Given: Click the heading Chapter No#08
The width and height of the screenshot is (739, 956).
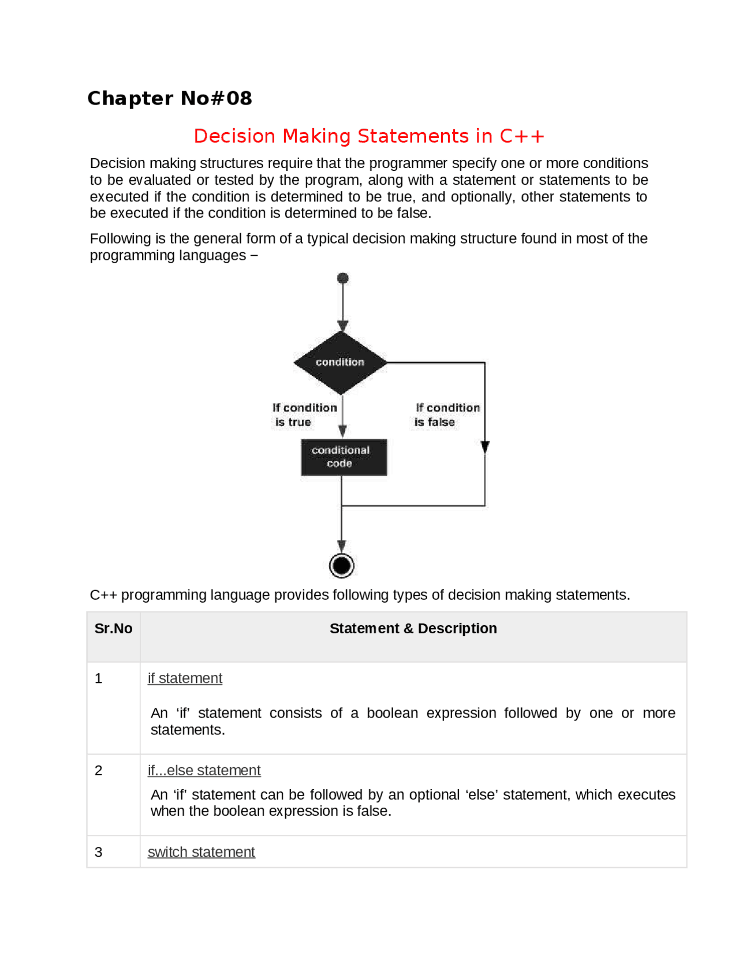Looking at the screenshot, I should click(169, 98).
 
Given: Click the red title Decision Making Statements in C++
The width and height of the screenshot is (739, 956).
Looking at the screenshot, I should click(368, 136).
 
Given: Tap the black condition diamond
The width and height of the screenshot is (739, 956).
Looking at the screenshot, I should click(341, 363).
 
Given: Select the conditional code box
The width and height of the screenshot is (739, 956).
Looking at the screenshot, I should click(344, 457).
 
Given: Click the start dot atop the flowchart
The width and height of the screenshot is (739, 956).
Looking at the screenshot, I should click(343, 278).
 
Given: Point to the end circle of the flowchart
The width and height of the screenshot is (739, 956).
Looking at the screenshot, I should click(342, 565).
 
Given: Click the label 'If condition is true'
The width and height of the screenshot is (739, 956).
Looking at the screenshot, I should click(304, 414).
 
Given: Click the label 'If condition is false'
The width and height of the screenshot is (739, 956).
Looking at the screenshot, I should click(447, 414).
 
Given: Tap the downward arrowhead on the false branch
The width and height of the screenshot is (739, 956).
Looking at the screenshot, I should click(485, 447).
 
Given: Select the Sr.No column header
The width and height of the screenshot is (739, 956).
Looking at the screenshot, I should click(113, 628).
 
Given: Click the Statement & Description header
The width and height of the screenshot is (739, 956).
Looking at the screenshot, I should click(413, 628).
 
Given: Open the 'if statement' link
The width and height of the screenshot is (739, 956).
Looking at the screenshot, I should click(185, 678).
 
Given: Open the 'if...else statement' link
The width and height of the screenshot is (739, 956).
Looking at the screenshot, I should click(204, 770).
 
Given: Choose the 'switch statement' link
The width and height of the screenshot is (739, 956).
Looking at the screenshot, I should click(201, 852).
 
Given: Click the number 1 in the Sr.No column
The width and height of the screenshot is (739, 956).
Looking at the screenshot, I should click(99, 678).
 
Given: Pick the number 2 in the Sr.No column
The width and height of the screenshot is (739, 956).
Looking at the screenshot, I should click(99, 771).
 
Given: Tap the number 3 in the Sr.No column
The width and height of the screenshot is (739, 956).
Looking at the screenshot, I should click(99, 852).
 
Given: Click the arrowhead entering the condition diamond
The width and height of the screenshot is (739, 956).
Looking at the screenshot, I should click(343, 326).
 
